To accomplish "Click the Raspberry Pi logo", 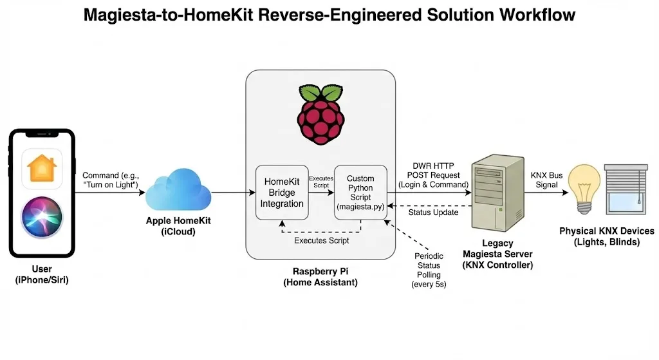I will click(x=320, y=115).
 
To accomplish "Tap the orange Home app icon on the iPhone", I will click(x=42, y=169).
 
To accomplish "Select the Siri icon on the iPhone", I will click(x=42, y=217).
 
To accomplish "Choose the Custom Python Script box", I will click(x=360, y=193).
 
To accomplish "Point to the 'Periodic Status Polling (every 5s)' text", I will click(x=429, y=270).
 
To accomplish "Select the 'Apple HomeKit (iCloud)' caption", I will click(x=177, y=226).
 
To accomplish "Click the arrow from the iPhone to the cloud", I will click(x=109, y=192).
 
